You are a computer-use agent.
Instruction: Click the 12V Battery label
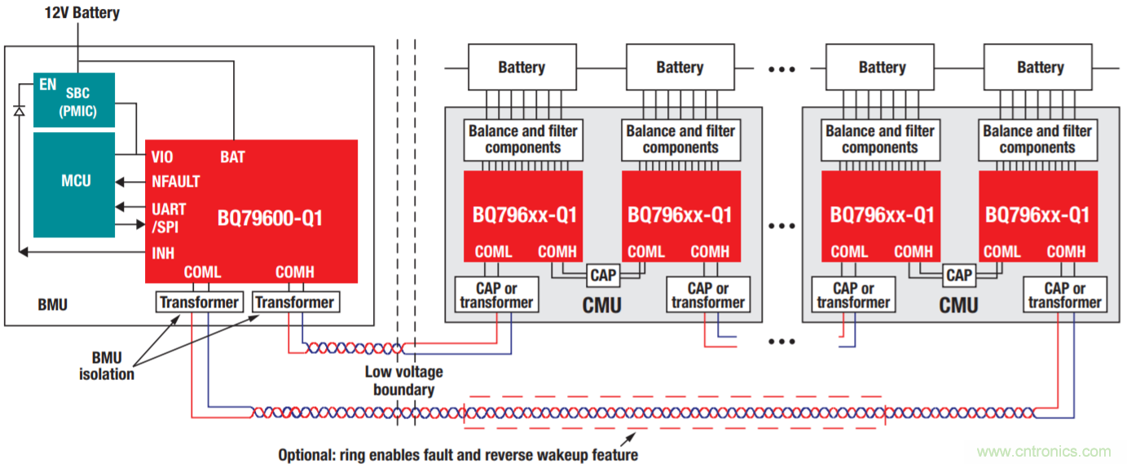[x=81, y=12]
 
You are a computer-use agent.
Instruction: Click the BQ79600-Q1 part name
[x=270, y=218]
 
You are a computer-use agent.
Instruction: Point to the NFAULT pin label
[x=175, y=182]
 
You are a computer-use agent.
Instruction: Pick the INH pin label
[x=163, y=253]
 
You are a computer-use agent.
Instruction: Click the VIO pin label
[x=162, y=157]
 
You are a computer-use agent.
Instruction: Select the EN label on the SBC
[x=48, y=84]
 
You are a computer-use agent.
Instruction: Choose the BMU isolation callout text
[x=107, y=366]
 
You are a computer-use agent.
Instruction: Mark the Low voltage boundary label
[x=403, y=381]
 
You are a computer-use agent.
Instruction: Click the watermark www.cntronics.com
[x=1043, y=452]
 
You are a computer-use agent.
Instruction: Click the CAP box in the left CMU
[x=603, y=276]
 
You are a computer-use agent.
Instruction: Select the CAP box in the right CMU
[x=959, y=276]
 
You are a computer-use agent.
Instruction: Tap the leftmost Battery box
[x=522, y=68]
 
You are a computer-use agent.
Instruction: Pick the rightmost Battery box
[x=1040, y=68]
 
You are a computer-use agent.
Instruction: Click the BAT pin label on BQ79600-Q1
[x=232, y=157]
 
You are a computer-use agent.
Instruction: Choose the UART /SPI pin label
[x=169, y=216]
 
